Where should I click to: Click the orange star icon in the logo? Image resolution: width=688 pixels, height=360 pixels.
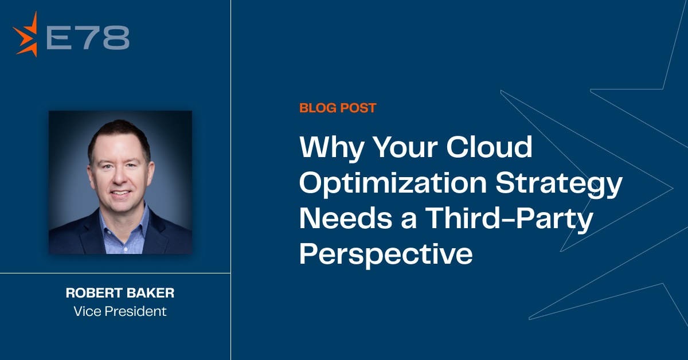point(26,34)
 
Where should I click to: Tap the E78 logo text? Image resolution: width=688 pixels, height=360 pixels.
point(88,37)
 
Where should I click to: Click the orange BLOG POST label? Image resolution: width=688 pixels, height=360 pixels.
point(338,108)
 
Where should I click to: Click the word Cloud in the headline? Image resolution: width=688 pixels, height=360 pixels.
point(489,147)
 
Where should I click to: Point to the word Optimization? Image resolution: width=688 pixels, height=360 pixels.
point(393,183)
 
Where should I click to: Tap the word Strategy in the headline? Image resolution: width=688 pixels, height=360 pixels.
point(559,185)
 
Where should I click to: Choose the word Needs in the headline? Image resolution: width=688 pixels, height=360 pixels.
point(346,218)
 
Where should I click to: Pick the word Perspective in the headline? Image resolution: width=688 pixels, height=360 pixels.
point(386,256)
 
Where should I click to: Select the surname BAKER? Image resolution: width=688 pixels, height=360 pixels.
point(150,293)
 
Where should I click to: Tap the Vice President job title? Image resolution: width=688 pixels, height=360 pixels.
point(120,311)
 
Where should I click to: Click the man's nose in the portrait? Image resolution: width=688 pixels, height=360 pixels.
point(119,178)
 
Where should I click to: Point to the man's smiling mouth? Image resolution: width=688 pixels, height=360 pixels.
point(120,193)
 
